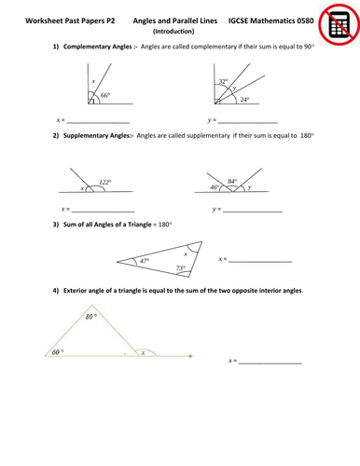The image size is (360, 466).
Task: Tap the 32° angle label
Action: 222,82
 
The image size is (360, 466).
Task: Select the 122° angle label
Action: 106,182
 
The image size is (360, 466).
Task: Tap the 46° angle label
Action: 215,187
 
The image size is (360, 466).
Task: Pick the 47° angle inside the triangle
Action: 145,262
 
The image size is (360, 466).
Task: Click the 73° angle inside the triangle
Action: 181,268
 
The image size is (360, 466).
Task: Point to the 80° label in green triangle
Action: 90,318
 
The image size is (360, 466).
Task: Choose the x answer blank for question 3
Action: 261,260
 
